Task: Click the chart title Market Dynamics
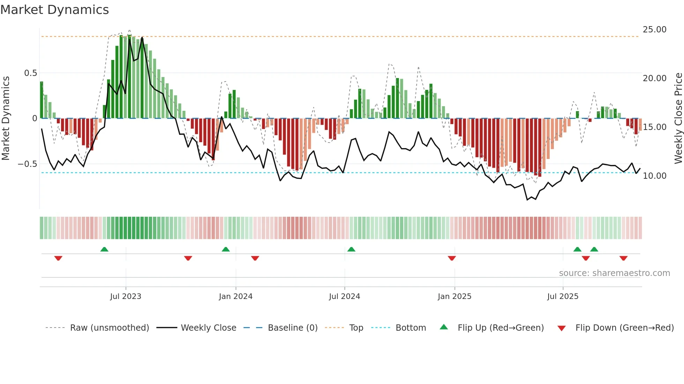click(x=54, y=10)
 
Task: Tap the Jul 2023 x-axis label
click(x=126, y=297)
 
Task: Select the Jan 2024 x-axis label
click(x=236, y=297)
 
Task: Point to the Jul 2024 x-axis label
click(x=344, y=297)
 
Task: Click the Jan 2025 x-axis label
click(x=454, y=297)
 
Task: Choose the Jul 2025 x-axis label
click(x=563, y=297)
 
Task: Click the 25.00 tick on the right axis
click(x=654, y=30)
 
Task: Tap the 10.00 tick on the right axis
click(x=654, y=176)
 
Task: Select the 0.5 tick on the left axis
click(x=30, y=73)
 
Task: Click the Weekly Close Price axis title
click(x=678, y=118)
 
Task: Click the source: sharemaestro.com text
click(x=614, y=273)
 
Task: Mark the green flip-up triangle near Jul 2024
click(x=351, y=249)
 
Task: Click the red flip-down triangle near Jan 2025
click(x=452, y=258)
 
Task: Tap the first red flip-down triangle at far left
click(x=58, y=258)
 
